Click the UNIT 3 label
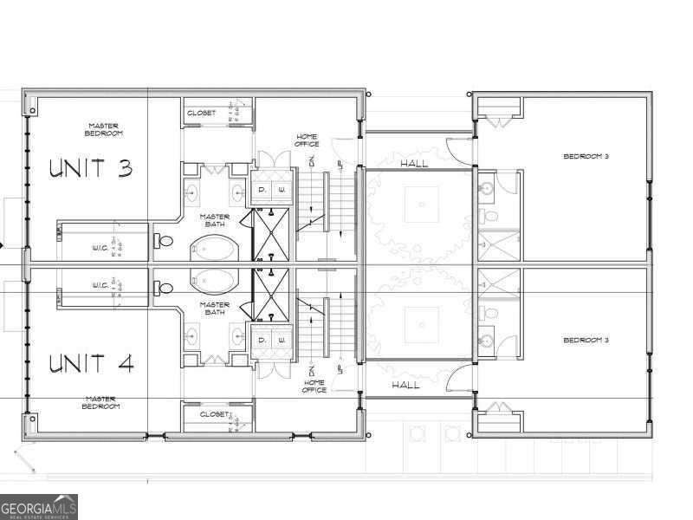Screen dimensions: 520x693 coord(90,167)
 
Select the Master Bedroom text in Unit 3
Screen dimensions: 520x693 coord(103,130)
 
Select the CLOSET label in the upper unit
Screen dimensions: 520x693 coord(201,114)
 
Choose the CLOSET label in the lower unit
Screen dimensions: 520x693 coord(213,415)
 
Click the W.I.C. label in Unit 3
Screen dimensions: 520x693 coord(100,249)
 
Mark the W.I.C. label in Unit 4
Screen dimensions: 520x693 coord(100,285)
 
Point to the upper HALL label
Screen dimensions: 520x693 coord(414,163)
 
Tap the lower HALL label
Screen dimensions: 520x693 coord(405,385)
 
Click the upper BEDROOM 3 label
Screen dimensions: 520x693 coord(586,157)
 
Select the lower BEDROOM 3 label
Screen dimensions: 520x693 coord(586,340)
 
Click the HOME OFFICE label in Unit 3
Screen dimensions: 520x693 coord(307,140)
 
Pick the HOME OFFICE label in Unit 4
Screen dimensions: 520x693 coord(314,386)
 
